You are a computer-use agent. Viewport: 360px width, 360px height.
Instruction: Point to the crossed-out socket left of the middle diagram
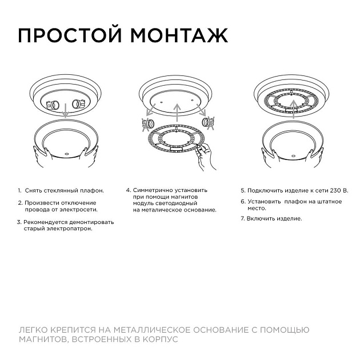point(146,123)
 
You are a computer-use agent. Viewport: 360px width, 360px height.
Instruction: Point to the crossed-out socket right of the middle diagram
point(210,122)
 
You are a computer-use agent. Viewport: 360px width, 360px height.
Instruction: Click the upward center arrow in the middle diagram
point(178,111)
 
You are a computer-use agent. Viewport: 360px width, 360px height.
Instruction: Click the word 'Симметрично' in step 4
point(170,190)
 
